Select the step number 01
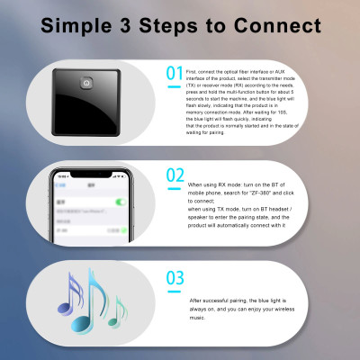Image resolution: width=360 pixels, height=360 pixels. (x=175, y=73)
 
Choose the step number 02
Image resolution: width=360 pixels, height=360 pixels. (x=175, y=176)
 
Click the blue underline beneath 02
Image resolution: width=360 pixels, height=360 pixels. (x=175, y=186)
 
